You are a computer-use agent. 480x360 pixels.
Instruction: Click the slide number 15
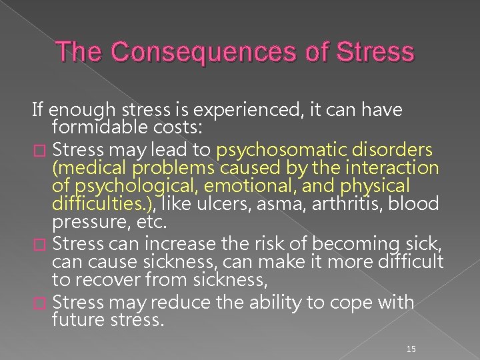[411, 349]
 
